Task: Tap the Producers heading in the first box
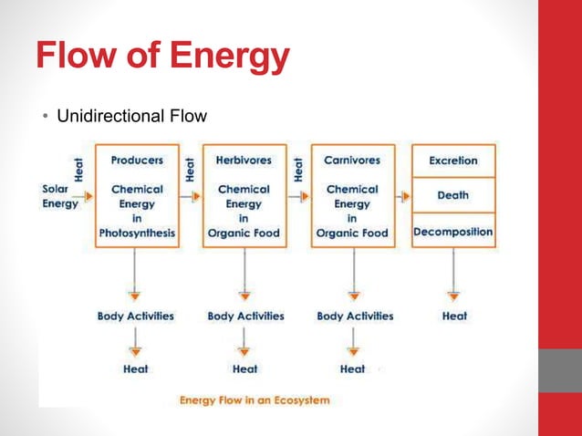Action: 137,160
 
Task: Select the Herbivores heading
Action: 244,160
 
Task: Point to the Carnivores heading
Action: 352,160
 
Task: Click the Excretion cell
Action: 453,161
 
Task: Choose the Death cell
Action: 453,195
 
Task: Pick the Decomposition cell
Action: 453,232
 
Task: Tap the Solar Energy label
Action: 59,196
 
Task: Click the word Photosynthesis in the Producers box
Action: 137,233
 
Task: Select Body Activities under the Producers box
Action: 136,316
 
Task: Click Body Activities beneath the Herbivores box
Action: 245,316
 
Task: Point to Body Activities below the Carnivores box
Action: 355,316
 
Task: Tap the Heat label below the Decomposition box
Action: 454,316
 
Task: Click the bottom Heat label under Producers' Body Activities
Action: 136,369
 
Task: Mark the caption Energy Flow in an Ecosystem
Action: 255,400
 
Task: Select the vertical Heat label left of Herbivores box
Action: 190,168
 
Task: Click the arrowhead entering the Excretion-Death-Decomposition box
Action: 407,195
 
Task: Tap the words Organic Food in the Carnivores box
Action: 352,233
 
